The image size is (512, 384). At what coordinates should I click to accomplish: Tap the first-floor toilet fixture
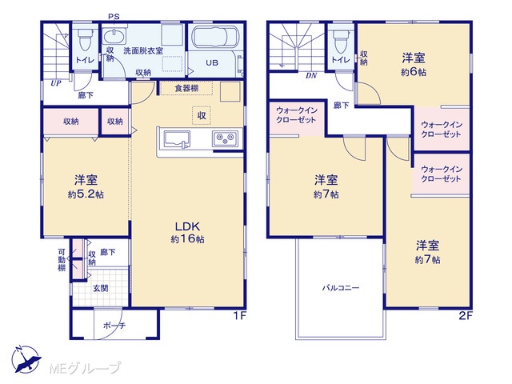click(x=85, y=40)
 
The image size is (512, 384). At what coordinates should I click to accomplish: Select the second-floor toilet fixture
click(x=341, y=41)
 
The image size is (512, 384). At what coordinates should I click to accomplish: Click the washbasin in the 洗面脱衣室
click(x=114, y=35)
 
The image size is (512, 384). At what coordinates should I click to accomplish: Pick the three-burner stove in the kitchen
click(x=226, y=138)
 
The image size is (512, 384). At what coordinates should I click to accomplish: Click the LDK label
click(x=187, y=226)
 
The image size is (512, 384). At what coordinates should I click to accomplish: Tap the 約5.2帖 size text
click(x=86, y=194)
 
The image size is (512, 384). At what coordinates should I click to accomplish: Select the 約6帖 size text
click(x=414, y=71)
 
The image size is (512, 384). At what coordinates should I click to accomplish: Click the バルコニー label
click(x=341, y=288)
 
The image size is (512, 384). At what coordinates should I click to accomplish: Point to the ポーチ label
click(x=114, y=326)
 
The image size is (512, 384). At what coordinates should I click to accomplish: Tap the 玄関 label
click(x=101, y=288)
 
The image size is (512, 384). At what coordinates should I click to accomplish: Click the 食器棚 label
click(x=186, y=88)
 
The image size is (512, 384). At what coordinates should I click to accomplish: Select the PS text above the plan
click(x=114, y=16)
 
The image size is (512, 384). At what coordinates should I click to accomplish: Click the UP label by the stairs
click(x=55, y=83)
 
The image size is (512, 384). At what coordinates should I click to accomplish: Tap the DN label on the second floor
click(x=311, y=76)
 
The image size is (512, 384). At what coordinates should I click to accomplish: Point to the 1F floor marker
click(x=239, y=316)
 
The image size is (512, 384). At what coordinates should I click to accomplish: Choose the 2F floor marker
click(x=466, y=316)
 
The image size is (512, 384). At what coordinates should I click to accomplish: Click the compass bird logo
click(x=26, y=359)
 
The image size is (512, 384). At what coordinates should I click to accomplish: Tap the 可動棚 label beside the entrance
click(x=62, y=260)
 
